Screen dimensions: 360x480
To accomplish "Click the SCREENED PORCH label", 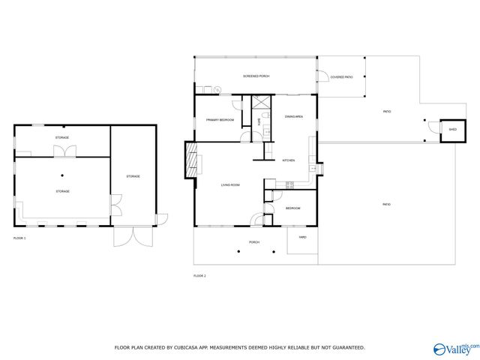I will pyautogui.click(x=256, y=76).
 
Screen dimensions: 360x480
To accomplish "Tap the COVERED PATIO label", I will pyautogui.click(x=342, y=76).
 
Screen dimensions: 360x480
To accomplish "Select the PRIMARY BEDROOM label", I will pyautogui.click(x=220, y=120).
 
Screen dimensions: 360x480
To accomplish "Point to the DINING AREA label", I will pyautogui.click(x=293, y=116).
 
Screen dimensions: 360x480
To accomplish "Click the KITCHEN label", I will pyautogui.click(x=289, y=160).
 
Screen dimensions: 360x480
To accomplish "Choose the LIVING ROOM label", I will pyautogui.click(x=229, y=184).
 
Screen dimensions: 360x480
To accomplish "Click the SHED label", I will pyautogui.click(x=452, y=130).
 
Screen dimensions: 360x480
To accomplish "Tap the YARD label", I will pyautogui.click(x=302, y=237).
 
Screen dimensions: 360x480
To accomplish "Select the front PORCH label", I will pyautogui.click(x=254, y=242).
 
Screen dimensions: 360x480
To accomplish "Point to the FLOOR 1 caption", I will pyautogui.click(x=19, y=238).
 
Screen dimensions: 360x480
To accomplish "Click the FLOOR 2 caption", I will pyautogui.click(x=199, y=276).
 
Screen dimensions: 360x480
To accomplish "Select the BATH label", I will pyautogui.click(x=259, y=120).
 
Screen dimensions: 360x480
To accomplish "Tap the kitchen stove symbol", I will pyautogui.click(x=287, y=184).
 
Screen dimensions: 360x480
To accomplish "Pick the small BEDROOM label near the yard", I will pyautogui.click(x=293, y=208).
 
